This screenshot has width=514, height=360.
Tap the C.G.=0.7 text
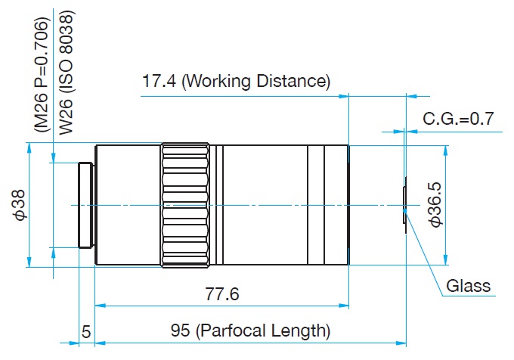(x=457, y=119)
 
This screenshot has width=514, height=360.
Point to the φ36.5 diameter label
(x=435, y=204)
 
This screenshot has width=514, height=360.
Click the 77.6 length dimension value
(x=222, y=295)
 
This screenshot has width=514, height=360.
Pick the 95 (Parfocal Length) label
(x=250, y=331)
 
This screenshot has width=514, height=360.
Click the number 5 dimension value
(x=86, y=331)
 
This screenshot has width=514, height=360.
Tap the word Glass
(x=469, y=286)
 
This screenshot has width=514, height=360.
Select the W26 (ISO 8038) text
(x=66, y=72)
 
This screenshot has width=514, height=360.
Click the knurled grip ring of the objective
(x=185, y=205)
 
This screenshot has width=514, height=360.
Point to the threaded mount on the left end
(x=86, y=205)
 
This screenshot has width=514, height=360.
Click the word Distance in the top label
(x=295, y=81)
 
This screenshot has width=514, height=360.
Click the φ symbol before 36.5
(x=435, y=222)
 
